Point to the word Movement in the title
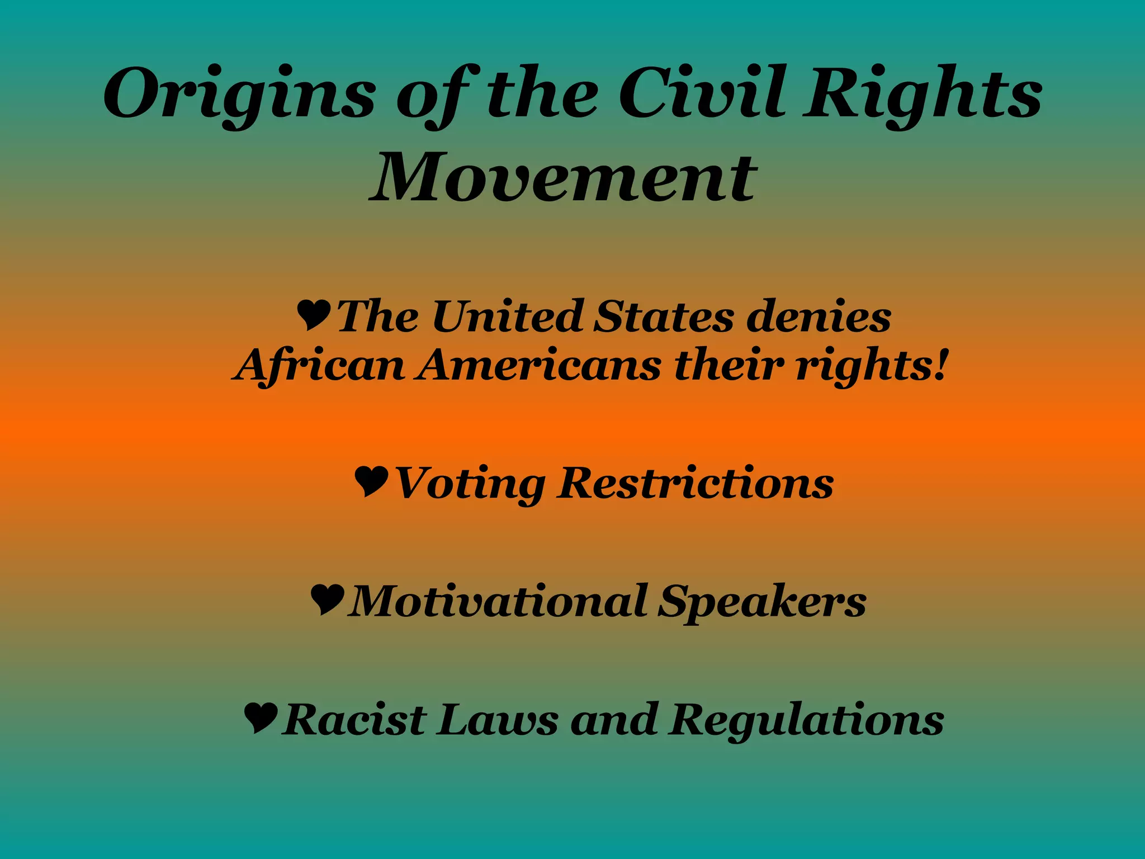[564, 178]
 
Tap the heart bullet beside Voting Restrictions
[372, 482]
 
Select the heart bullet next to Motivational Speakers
[327, 600]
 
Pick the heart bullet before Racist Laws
[261, 718]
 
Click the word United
[507, 317]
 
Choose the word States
[663, 317]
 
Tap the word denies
[819, 317]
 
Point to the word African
[319, 366]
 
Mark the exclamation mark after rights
[940, 365]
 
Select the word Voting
[470, 484]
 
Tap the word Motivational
[498, 601]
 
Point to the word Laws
[498, 720]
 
